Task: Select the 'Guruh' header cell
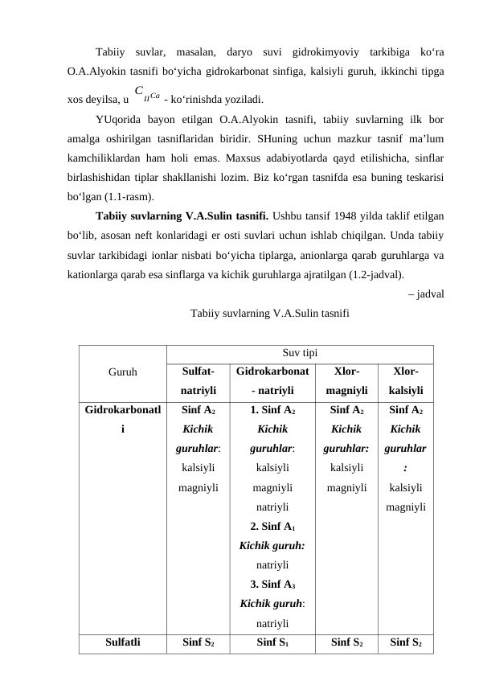coord(122,372)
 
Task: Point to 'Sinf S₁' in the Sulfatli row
coord(272,642)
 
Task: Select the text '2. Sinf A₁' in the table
coord(272,527)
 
